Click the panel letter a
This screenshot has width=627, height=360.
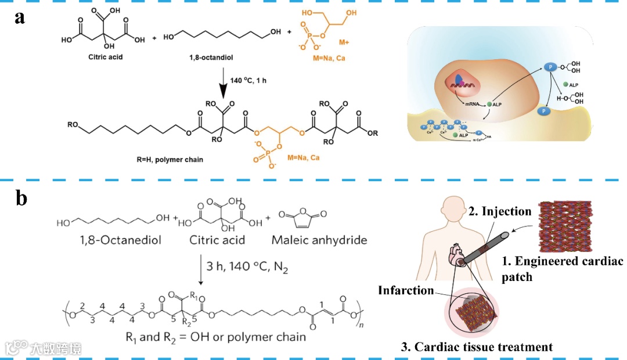click(20, 17)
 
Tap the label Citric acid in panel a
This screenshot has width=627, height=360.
click(90, 57)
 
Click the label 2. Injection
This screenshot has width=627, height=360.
click(499, 211)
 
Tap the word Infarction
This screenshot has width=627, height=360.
click(406, 290)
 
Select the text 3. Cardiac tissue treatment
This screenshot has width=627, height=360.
click(477, 347)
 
